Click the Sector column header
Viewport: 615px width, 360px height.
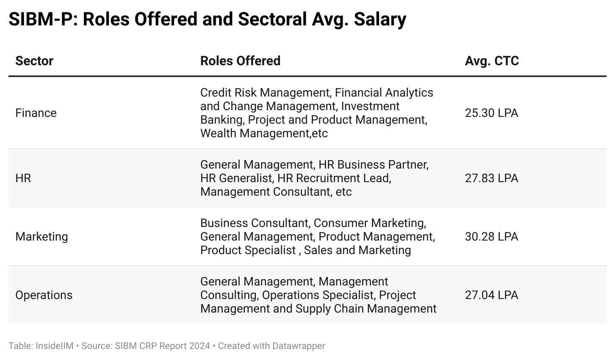34,61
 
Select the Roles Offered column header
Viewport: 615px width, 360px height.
240,61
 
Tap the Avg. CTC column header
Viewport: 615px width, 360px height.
492,61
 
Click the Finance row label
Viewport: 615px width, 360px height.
36,113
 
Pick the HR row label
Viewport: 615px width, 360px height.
23,178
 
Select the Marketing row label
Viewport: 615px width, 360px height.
42,237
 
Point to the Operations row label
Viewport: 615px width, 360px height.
44,295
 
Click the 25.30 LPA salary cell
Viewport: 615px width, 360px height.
491,113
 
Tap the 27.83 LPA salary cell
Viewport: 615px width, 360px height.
491,178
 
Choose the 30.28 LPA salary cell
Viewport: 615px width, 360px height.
491,237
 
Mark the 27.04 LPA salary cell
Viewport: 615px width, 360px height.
491,295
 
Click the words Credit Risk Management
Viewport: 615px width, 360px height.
265,93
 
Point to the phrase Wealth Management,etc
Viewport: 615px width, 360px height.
264,133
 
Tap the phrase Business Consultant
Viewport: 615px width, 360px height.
254,223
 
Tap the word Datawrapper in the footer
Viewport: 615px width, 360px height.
299,346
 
